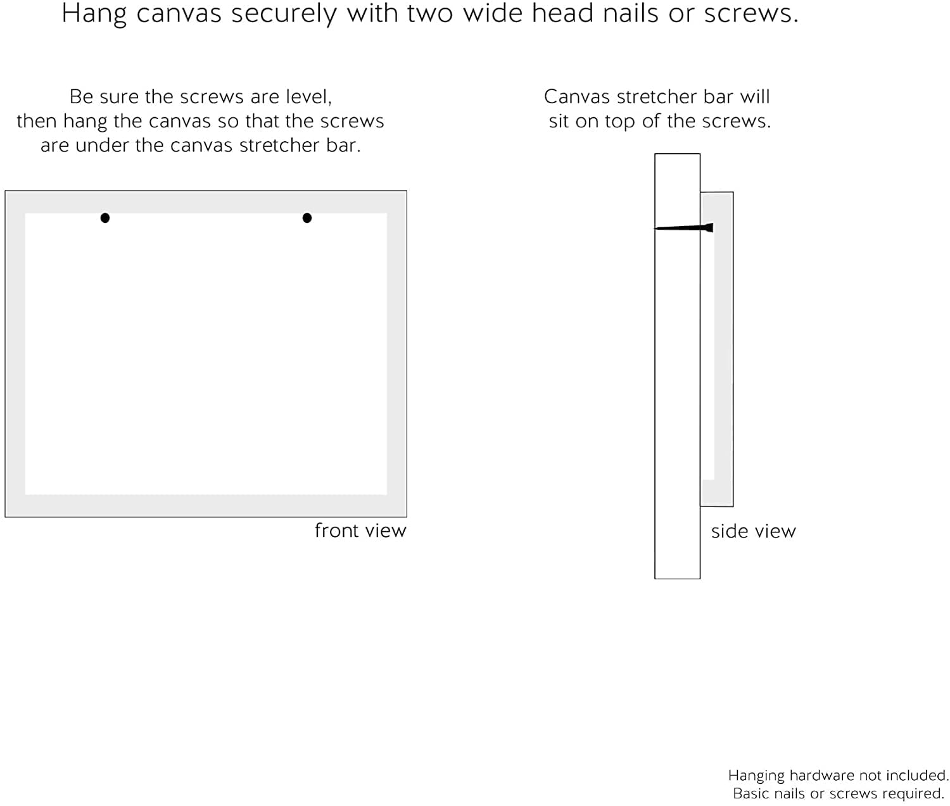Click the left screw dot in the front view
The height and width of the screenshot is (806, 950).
coord(104,218)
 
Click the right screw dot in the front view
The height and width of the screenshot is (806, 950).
coord(307,218)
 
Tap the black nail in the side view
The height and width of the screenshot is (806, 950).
coord(683,227)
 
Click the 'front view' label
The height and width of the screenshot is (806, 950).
coord(360,531)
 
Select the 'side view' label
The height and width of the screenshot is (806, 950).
coord(753,531)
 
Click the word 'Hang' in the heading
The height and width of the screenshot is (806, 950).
coord(94,14)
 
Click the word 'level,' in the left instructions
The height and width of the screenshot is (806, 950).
coord(308,97)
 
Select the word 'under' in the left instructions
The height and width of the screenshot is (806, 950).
coord(103,145)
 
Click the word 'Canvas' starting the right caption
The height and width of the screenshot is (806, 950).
coord(577,97)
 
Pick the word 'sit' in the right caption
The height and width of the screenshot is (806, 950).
coord(559,121)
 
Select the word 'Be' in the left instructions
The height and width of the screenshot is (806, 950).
coord(79,97)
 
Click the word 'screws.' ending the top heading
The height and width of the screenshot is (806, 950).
coord(752,14)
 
